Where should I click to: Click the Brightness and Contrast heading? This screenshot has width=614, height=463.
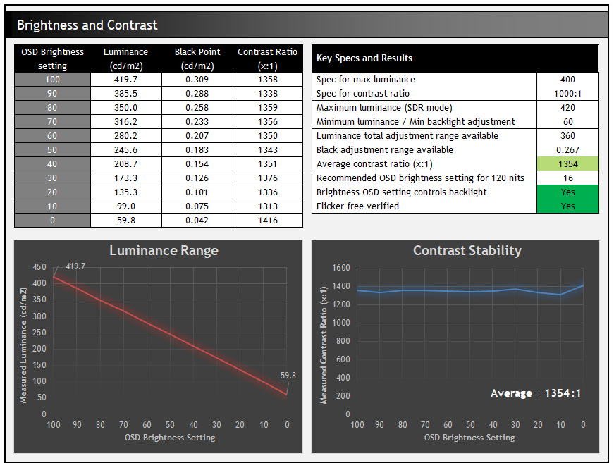click(x=87, y=25)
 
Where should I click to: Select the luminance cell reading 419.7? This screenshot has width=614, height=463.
click(x=126, y=80)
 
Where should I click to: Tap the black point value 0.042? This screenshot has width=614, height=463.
click(x=197, y=221)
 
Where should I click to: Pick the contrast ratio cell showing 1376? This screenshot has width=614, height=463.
click(x=267, y=178)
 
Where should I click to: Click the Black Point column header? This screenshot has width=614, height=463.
click(x=197, y=58)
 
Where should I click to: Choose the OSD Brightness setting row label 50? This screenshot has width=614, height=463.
click(x=52, y=150)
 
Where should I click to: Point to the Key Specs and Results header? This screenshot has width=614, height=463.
click(x=364, y=58)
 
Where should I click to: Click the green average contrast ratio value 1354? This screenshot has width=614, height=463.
click(x=567, y=164)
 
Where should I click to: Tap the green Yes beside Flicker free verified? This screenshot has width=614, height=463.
click(x=567, y=206)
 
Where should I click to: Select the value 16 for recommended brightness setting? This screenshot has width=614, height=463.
click(x=567, y=178)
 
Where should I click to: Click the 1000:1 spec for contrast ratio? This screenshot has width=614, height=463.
click(x=567, y=94)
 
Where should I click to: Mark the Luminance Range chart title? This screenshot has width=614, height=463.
click(x=164, y=251)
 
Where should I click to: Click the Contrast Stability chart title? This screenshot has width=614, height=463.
click(x=467, y=251)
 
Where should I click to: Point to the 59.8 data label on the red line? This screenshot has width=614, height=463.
click(x=288, y=376)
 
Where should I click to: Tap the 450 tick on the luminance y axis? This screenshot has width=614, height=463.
click(x=39, y=268)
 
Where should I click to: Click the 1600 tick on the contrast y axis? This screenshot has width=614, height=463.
click(x=340, y=268)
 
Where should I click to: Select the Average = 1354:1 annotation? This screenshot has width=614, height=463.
click(x=536, y=393)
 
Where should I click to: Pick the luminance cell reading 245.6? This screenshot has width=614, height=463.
click(x=126, y=150)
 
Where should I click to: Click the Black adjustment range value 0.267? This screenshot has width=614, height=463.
click(x=567, y=150)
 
